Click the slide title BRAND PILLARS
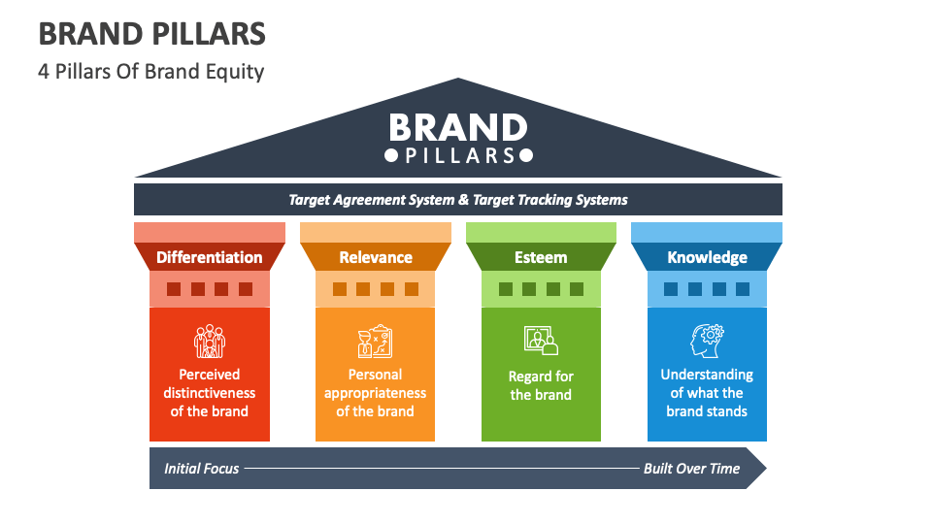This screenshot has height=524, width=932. pos(151,34)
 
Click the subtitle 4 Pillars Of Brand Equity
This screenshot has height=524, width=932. pos(151,72)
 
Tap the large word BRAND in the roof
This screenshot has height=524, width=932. pos(457,128)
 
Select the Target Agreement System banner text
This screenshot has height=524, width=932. pos(457,200)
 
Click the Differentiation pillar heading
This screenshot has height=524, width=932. pos(210,257)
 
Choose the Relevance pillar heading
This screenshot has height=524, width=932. pos(376,257)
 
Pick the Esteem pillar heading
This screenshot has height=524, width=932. pos(541,257)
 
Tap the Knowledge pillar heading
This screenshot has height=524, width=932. pos(707,257)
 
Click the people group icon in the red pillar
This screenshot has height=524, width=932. pos(209,342)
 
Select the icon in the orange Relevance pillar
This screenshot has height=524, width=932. pos(375,342)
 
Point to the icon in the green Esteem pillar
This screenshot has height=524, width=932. pos(541,341)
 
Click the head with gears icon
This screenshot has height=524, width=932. pos(707,342)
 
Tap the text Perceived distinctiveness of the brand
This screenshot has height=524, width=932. pos(210,392)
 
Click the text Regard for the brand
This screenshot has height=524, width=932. pos(541,385)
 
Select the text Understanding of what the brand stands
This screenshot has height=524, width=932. pos(707,392)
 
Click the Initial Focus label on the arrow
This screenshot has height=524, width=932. pos(201,469)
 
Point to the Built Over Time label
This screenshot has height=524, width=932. pos(691,469)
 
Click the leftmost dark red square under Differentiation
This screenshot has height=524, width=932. pos(174,289)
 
